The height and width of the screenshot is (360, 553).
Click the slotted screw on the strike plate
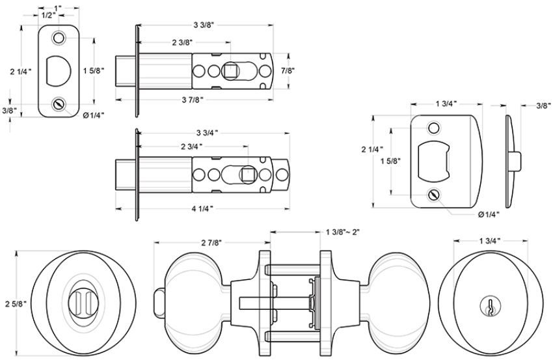tap(433, 195)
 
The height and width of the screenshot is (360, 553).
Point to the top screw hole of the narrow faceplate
tap(60, 39)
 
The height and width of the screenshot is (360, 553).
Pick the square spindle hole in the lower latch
tap(247, 174)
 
